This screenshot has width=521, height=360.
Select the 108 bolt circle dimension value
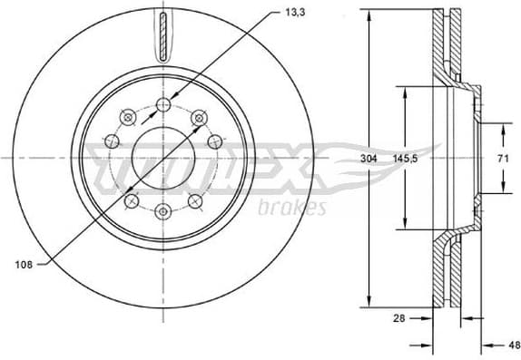pos(25,264)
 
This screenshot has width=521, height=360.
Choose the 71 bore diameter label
pos(501,158)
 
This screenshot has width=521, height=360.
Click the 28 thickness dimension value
pos(399,318)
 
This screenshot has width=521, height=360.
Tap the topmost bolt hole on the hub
pos(163,105)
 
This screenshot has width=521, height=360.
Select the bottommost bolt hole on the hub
pos(163,211)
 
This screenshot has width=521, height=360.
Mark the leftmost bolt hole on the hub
pos(111,141)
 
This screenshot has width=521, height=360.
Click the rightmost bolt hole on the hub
pos(216,141)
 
